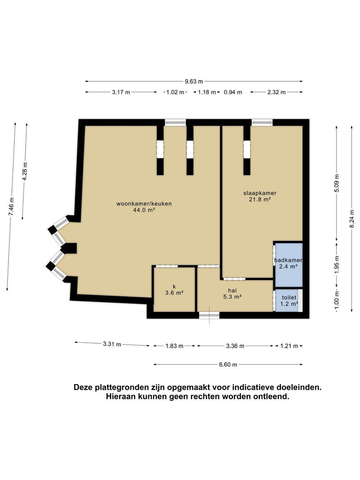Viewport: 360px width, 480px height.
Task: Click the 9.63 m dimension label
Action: click(x=194, y=81)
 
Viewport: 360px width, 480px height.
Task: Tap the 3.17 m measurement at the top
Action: click(x=121, y=92)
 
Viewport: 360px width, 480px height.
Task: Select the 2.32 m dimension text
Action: click(x=276, y=92)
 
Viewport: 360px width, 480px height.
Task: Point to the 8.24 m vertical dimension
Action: click(x=352, y=219)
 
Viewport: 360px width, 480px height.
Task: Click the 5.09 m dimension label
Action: click(x=337, y=183)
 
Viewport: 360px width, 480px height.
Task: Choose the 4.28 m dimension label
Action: click(x=25, y=172)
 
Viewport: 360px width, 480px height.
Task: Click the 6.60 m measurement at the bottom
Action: click(x=228, y=364)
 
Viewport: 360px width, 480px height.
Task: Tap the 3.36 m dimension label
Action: click(x=235, y=346)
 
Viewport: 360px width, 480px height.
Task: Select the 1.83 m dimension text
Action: click(x=175, y=346)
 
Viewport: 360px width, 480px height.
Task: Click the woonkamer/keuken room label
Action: click(x=144, y=204)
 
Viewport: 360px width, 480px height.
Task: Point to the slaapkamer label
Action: click(x=260, y=193)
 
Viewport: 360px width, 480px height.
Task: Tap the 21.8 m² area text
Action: click(x=260, y=200)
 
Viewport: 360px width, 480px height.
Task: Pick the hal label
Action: click(x=232, y=291)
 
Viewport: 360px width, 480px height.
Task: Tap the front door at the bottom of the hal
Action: click(x=209, y=315)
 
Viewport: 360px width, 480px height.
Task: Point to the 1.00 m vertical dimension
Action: click(x=337, y=301)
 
